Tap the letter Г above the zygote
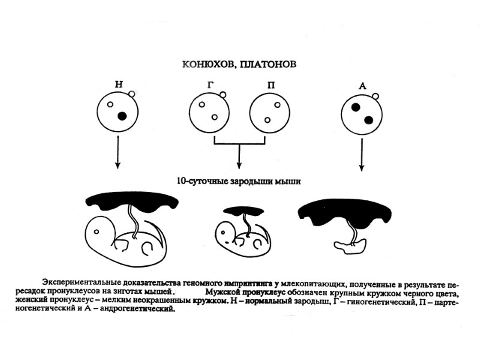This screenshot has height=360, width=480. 209,85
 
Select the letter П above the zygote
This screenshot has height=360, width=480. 272,85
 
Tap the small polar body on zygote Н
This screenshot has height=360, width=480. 133,94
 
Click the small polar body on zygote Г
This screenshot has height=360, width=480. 223,94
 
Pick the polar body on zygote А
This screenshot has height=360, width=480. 376,95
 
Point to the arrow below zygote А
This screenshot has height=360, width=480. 362,153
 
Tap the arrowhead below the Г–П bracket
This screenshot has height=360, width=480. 239,165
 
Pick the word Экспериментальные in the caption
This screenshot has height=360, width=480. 79,281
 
